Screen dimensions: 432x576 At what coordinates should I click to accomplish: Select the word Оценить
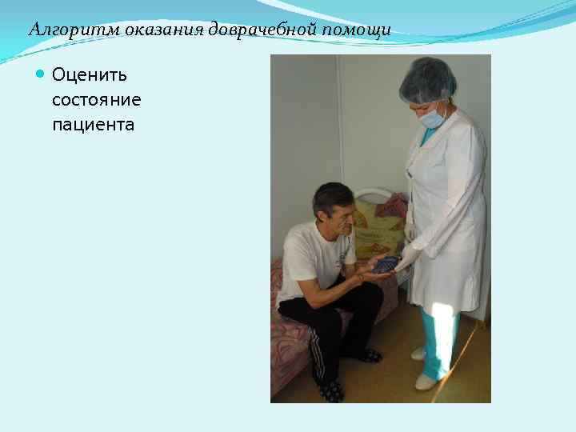point(90,75)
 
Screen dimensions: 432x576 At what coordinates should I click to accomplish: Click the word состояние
point(96,100)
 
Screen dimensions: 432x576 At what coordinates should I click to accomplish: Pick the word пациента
point(93,125)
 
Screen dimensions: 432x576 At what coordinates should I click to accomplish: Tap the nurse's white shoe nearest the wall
point(418,353)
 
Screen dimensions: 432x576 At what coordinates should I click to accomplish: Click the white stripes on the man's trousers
point(317,352)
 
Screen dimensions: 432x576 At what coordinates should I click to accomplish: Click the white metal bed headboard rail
point(376,194)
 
